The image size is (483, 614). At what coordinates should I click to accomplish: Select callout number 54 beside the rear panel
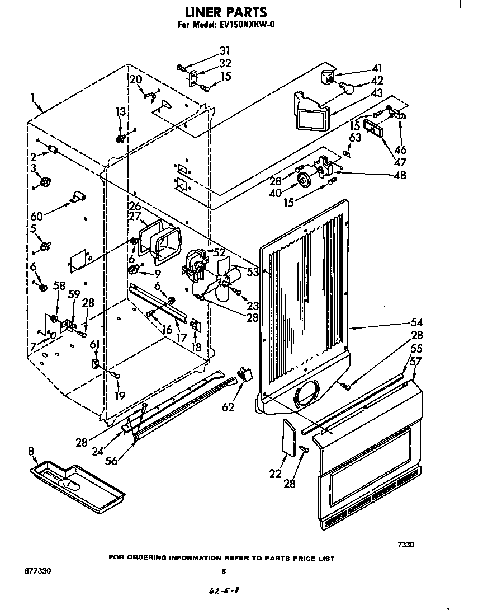coord(416,322)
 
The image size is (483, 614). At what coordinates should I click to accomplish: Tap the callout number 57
coord(416,361)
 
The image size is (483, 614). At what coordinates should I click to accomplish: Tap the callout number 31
coord(224,50)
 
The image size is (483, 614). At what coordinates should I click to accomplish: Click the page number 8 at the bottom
coord(224,571)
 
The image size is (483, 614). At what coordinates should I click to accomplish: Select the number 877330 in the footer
coord(38,571)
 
